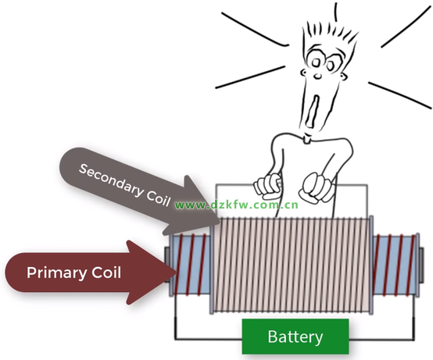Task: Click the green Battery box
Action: [x=295, y=337]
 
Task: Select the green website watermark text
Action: [x=237, y=205]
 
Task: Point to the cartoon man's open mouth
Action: [x=313, y=111]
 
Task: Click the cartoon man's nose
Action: [x=318, y=76]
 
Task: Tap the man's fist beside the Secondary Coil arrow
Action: [x=268, y=186]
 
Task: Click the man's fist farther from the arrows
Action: [x=314, y=187]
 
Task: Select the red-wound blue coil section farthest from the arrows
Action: [x=394, y=265]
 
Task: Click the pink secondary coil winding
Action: [x=292, y=265]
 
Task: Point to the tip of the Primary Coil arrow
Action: [x=176, y=273]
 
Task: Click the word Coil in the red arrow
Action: [x=106, y=273]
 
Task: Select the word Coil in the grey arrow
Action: [x=158, y=196]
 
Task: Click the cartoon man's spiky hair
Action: [x=330, y=33]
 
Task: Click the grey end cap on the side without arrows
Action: [x=420, y=266]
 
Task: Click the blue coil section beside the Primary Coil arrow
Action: [x=191, y=265]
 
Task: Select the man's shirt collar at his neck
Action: [x=307, y=140]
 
